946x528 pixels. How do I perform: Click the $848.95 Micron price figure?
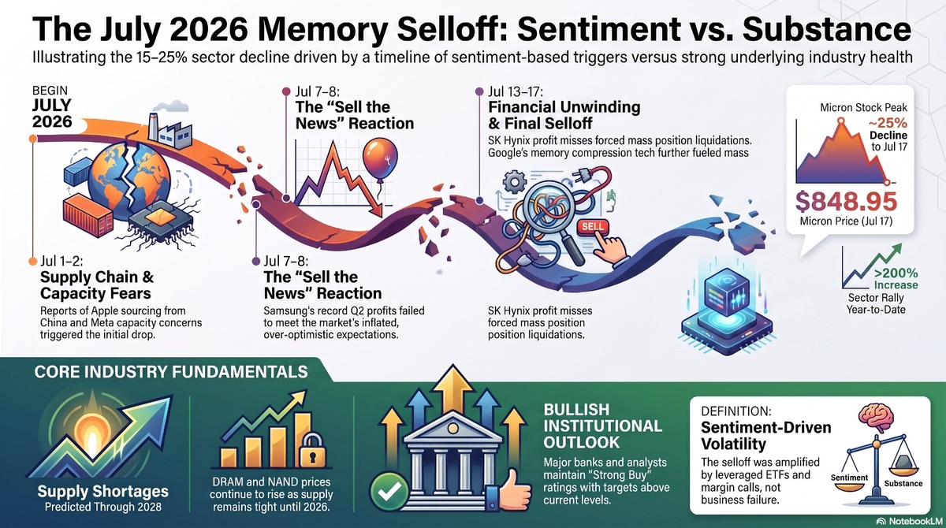pos(846,201)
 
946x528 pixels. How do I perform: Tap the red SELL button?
pos(593,227)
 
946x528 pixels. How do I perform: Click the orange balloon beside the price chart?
pos(380,159)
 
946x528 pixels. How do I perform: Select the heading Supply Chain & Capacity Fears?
pos(97,285)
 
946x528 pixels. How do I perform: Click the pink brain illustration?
pos(877,418)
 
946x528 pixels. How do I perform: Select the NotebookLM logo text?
pos(911,522)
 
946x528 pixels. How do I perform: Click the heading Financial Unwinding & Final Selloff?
pos(564,115)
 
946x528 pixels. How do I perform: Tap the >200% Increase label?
pos(896,279)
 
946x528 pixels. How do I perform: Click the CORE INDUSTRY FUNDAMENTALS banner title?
pos(171,372)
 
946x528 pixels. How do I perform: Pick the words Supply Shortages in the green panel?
pos(103,491)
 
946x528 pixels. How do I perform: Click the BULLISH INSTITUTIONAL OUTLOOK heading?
pos(602,426)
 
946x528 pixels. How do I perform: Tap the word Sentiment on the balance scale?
pos(849,478)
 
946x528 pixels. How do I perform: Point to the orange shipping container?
pos(88,215)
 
